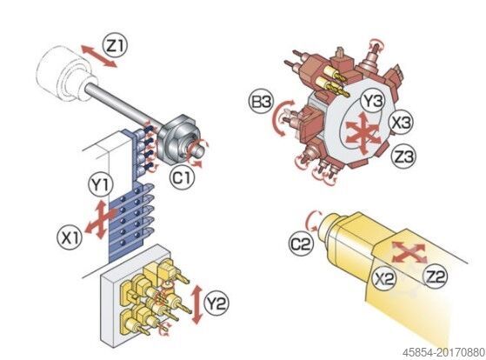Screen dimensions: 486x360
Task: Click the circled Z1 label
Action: (x=115, y=46)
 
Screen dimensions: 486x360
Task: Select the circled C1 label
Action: (x=182, y=178)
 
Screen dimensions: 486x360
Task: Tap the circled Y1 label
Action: (x=101, y=184)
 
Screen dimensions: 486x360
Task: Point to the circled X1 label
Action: (x=70, y=237)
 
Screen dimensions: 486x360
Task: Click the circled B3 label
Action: (x=261, y=101)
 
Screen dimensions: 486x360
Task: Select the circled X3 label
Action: (x=401, y=123)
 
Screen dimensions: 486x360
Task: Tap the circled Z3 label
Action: (x=403, y=156)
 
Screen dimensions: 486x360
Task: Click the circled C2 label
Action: (x=302, y=244)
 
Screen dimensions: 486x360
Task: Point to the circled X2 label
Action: (x=384, y=278)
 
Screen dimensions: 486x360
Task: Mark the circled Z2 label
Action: (x=436, y=277)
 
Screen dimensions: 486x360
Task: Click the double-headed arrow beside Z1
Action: (x=99, y=56)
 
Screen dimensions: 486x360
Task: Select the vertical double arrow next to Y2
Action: (x=196, y=305)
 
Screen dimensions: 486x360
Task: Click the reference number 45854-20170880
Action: (x=443, y=352)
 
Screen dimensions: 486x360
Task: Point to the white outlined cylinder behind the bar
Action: (x=64, y=74)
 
